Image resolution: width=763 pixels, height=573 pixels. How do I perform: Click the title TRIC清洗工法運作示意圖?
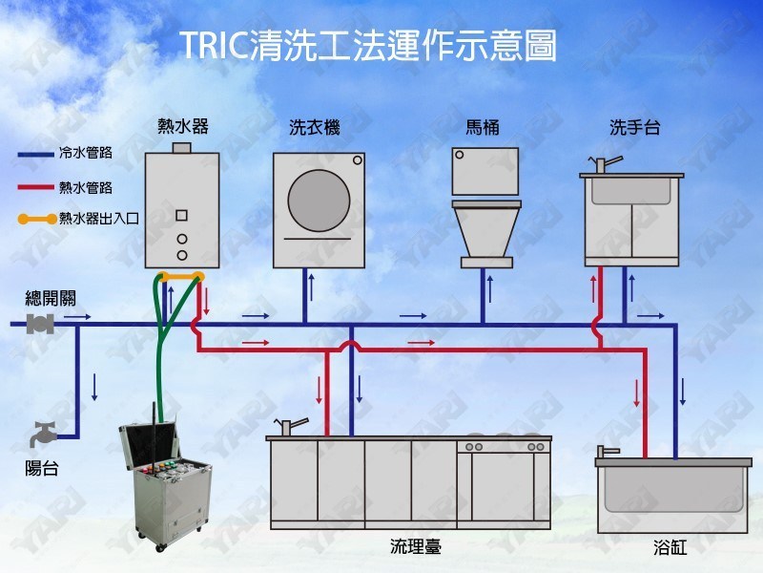368,45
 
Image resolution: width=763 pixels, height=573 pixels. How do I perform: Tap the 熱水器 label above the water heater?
182,126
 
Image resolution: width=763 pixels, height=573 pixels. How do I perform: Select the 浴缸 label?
670,548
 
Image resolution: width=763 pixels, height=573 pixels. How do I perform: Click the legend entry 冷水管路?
85,153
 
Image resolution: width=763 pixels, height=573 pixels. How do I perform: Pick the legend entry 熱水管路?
85,186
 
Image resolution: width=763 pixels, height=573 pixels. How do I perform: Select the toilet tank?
485,171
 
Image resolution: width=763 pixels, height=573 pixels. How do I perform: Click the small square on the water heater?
181,214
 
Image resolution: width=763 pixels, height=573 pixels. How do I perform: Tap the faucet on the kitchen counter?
290,425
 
